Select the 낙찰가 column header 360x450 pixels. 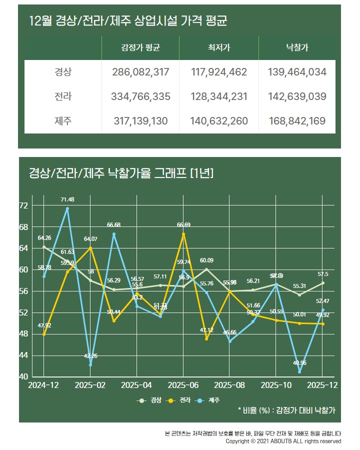pos(297,48)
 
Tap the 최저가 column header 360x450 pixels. pos(218,48)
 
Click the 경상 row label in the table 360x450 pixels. pos(63,72)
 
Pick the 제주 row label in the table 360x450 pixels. pos(63,120)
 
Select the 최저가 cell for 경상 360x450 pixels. pos(218,72)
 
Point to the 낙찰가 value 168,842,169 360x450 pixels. pos(297,120)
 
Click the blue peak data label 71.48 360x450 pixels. pos(67,199)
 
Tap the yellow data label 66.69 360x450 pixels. pos(183,224)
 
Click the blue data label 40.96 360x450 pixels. pos(299,362)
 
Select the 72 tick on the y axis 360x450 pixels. pos(23,205)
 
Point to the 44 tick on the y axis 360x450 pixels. pos(23,355)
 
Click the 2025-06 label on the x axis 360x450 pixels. pos(183,385)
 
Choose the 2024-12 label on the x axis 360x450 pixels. pos(44,385)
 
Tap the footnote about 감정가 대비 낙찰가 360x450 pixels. pos(286,410)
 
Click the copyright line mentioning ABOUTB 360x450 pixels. pos(283,441)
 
